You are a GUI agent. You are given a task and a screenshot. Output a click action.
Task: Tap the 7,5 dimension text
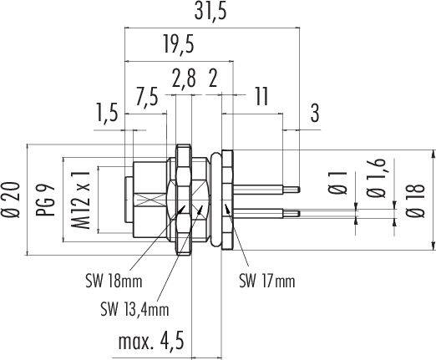pyautogui.click(x=146, y=96)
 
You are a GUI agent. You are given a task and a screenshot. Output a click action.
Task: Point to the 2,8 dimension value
pyautogui.click(x=183, y=79)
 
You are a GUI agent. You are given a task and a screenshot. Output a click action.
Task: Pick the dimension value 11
pyautogui.click(x=261, y=96)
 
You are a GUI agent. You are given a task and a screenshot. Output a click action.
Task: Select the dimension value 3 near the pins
pyautogui.click(x=315, y=114)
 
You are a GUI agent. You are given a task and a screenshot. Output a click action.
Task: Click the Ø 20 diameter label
pyautogui.click(x=10, y=200)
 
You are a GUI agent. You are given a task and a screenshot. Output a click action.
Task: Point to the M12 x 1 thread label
pyautogui.click(x=81, y=200)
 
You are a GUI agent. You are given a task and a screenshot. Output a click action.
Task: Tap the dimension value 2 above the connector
pyautogui.click(x=213, y=79)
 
